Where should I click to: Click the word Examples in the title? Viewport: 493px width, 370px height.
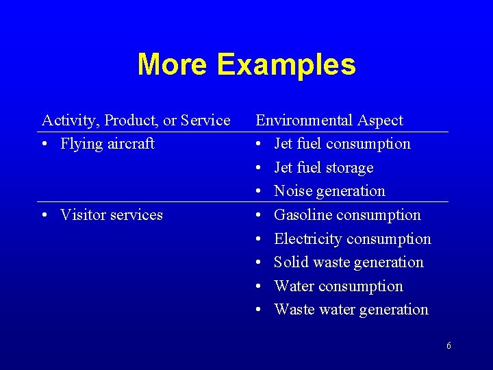click(286, 65)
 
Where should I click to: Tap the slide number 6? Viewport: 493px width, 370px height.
click(448, 346)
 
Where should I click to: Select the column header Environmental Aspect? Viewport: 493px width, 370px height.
click(329, 121)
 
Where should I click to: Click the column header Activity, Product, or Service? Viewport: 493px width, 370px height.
click(136, 121)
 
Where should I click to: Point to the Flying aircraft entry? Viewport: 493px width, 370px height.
click(108, 144)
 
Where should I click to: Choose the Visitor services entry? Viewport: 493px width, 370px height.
click(112, 215)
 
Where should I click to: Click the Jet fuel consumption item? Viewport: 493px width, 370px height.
click(342, 144)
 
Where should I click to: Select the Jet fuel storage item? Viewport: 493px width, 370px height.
click(324, 168)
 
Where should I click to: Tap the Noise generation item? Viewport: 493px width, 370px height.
click(329, 191)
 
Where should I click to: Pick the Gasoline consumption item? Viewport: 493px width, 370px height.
click(347, 215)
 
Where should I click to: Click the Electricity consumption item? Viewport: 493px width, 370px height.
click(353, 239)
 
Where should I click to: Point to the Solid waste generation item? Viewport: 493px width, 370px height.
click(349, 262)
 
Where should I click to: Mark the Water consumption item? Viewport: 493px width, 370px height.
click(338, 286)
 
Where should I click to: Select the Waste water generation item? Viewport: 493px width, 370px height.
click(351, 310)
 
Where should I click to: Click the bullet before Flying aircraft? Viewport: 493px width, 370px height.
click(45, 145)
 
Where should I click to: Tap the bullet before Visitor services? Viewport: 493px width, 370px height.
click(45, 216)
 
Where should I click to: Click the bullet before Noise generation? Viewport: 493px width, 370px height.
click(259, 192)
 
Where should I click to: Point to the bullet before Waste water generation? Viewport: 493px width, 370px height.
click(259, 310)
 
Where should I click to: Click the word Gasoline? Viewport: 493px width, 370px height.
click(302, 215)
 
